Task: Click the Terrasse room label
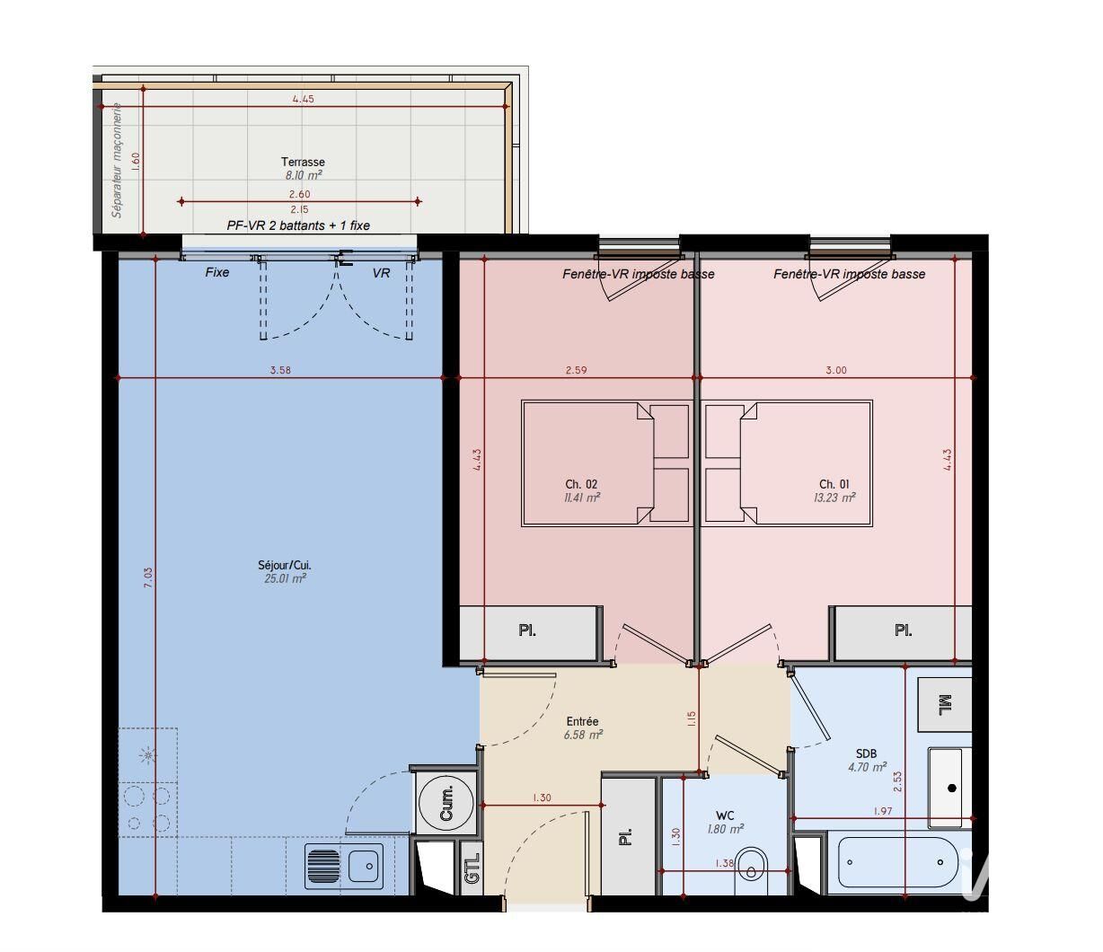pos(303,162)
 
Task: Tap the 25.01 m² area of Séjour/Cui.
pos(285,578)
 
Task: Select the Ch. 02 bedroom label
pos(581,484)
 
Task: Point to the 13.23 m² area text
pos(834,498)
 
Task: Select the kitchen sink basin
pos(364,866)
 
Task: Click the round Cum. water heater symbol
pos(446,802)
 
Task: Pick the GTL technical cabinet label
pos(472,868)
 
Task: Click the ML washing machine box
pos(944,704)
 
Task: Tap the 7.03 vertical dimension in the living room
pos(149,577)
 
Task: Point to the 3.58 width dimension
pos(280,370)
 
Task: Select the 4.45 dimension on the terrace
pos(303,99)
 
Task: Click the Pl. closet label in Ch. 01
pos(903,630)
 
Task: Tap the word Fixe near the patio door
pos(217,272)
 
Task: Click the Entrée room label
pos(582,721)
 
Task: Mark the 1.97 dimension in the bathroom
pos(883,811)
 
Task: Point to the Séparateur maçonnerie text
pos(118,160)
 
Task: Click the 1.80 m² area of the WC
pos(725,829)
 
